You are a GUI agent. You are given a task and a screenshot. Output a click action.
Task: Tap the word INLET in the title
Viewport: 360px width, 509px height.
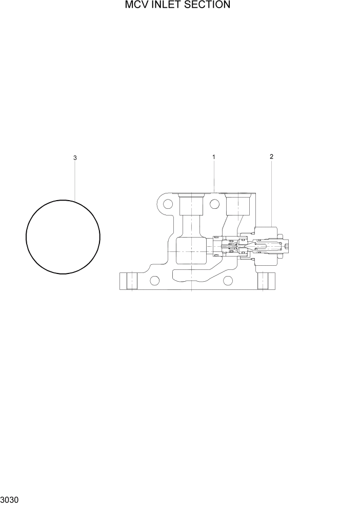tap(166, 5)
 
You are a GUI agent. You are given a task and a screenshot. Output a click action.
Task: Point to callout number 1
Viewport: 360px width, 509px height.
tap(214, 157)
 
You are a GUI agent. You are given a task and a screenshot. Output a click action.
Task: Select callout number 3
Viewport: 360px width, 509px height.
tap(75, 158)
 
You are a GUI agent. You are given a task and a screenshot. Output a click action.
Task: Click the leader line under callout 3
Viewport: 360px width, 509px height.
tap(75, 180)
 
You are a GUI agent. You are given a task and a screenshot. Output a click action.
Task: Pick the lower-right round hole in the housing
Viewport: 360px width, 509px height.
tap(228, 280)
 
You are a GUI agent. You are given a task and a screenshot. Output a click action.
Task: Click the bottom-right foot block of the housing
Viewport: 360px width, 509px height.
tap(265, 281)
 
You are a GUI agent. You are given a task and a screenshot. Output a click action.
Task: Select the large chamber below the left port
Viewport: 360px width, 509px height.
tap(190, 251)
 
